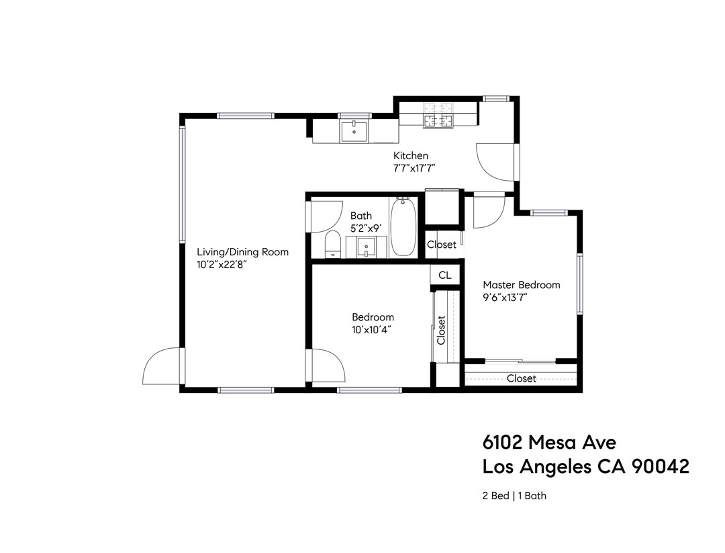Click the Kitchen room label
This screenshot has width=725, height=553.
tap(410, 156)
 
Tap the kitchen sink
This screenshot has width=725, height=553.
tap(354, 132)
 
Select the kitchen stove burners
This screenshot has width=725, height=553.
tap(438, 115)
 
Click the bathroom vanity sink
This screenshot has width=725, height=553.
tap(367, 247)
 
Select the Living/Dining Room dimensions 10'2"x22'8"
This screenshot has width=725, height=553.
tap(222, 265)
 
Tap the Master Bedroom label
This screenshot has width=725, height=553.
tap(521, 285)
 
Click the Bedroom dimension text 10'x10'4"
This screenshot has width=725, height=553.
tap(371, 329)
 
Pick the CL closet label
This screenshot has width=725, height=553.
tap(445, 275)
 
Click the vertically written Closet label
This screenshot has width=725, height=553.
tap(441, 330)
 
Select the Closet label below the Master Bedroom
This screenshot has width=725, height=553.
tap(521, 378)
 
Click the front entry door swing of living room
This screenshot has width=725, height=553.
tap(161, 367)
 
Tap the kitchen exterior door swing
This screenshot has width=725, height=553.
tap(495, 162)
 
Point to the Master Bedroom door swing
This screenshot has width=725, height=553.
tap(489, 212)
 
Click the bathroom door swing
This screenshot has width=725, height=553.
tap(324, 216)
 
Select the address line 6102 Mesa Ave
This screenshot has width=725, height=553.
tap(549, 442)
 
